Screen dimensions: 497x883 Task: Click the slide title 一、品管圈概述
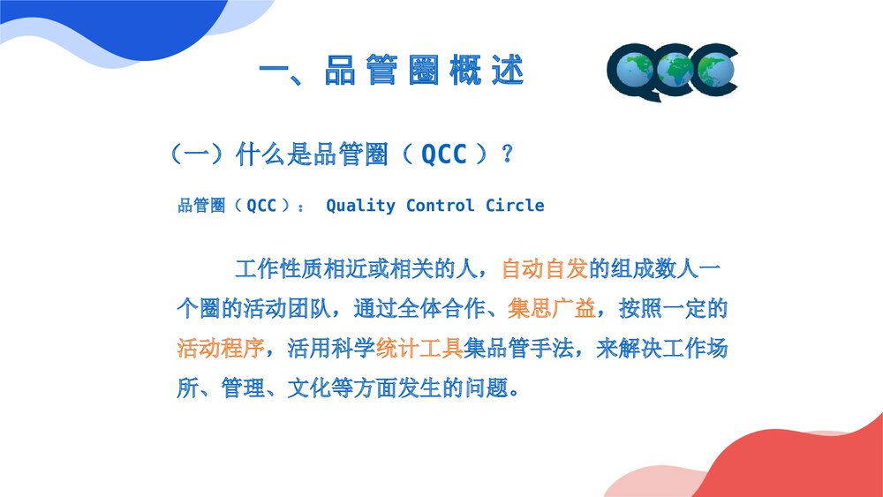pos(392,71)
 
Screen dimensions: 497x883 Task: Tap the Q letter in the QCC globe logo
pos(634,72)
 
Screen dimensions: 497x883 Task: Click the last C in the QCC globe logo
pos(715,71)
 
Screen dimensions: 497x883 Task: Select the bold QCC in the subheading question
pos(443,154)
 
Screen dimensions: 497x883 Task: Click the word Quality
pos(360,206)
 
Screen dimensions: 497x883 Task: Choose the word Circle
pos(515,206)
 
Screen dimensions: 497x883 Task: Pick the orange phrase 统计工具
pos(419,348)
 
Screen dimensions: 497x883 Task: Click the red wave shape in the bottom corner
pos(795,463)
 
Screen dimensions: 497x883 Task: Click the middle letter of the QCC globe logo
pos(675,71)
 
